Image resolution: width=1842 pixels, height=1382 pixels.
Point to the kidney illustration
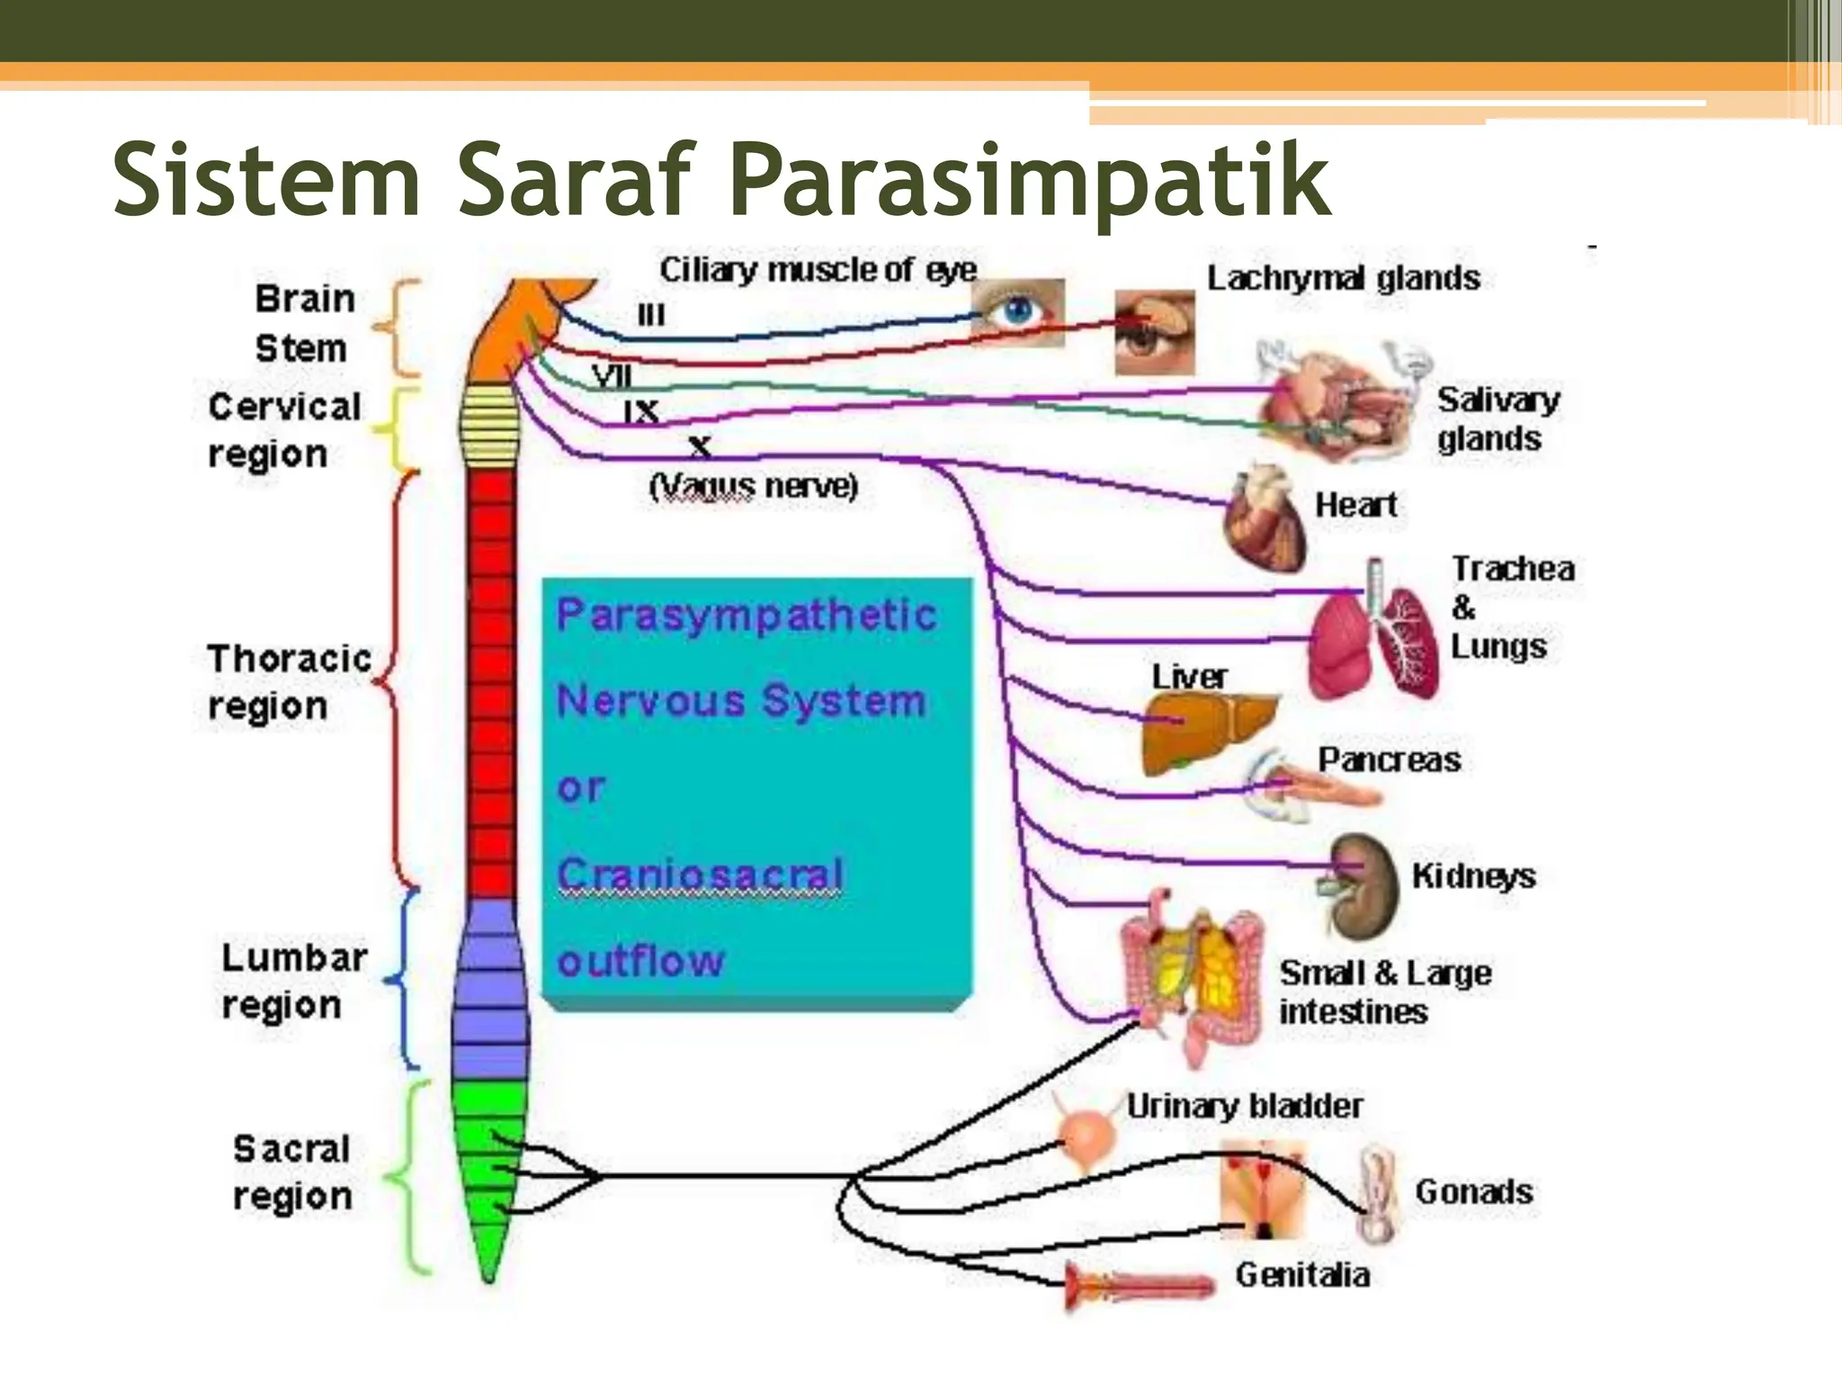click(1363, 886)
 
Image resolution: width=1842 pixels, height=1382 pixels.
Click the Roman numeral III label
click(651, 315)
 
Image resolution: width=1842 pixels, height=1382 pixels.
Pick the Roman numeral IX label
click(641, 412)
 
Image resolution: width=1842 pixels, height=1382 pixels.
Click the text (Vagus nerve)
click(754, 487)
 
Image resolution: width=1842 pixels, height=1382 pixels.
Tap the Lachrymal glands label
click(1343, 278)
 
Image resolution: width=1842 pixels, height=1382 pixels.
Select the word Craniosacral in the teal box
click(700, 874)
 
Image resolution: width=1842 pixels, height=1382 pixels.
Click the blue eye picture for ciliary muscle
click(1018, 312)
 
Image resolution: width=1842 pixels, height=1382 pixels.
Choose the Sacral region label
click(291, 1172)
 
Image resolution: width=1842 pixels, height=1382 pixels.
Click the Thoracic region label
click(288, 682)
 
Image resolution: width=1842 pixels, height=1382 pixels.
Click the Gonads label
click(1473, 1192)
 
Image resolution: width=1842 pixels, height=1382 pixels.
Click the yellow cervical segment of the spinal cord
click(486, 423)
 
